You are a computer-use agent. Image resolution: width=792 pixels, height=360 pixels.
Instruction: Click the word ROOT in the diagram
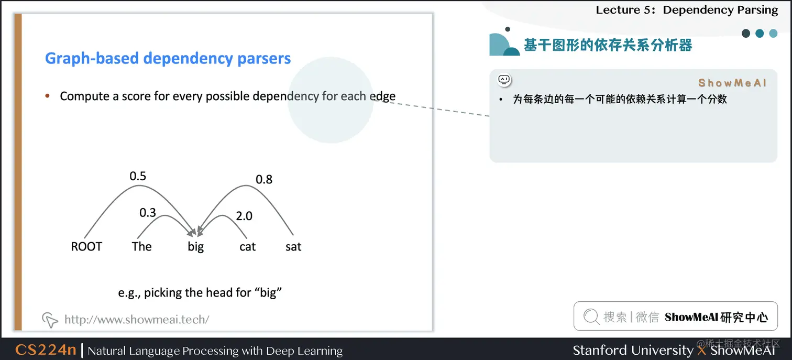point(86,247)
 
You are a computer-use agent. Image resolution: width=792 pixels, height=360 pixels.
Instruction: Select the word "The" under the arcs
point(141,247)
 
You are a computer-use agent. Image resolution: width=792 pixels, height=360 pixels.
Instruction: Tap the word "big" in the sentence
point(195,247)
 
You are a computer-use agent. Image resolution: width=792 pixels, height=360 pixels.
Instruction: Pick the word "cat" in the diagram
point(247,247)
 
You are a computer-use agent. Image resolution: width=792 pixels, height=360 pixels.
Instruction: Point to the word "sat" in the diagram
point(293,247)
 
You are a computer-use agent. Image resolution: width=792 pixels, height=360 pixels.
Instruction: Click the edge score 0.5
point(138,176)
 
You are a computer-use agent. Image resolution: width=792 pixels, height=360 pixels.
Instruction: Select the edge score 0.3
point(148,213)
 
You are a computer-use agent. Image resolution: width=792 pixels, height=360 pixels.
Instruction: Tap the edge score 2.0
point(244,216)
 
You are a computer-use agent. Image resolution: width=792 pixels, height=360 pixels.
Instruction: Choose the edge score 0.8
point(264,180)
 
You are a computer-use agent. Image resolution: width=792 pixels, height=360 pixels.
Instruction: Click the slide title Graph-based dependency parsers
point(168,58)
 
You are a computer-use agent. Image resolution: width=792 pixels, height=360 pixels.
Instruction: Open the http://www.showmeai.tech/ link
point(137,319)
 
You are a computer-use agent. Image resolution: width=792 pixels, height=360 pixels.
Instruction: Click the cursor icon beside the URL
point(50,319)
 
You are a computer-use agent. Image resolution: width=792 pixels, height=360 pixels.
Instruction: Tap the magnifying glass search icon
point(591,317)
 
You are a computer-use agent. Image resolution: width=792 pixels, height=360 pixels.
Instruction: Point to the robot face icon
point(504,80)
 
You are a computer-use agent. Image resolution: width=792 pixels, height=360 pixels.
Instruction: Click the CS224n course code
point(46,350)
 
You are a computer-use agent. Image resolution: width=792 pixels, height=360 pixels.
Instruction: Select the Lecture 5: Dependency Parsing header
point(687,10)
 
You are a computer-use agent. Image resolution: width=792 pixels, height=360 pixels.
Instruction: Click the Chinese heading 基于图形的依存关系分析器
point(608,46)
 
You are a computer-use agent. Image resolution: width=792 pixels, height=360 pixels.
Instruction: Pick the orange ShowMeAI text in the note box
point(732,83)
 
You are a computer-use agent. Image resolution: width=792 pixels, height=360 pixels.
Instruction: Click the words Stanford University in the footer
point(632,350)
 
